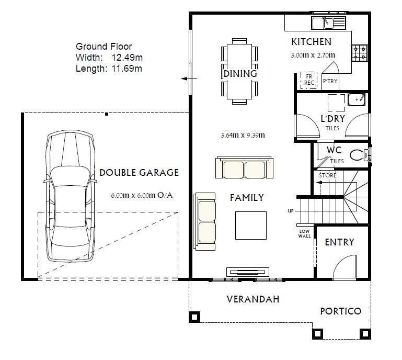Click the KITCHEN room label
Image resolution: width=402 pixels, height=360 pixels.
point(311,42)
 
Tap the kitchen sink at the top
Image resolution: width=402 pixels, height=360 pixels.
point(329,23)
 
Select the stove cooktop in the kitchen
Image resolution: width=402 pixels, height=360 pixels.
point(360,52)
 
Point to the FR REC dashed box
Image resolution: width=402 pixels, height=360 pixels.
point(309,80)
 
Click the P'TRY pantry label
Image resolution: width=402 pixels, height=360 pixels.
point(330,81)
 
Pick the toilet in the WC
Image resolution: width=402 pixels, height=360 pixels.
point(360,154)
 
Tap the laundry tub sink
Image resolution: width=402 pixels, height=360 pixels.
point(357,100)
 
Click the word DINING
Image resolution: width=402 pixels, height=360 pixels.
point(240,74)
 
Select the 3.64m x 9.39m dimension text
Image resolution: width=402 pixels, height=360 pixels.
point(243,135)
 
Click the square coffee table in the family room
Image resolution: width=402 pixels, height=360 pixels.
point(251,226)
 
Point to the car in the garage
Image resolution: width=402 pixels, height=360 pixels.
point(70,196)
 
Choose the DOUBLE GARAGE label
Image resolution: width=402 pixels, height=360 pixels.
point(139,173)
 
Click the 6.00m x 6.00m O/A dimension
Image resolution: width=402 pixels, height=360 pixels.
point(142,195)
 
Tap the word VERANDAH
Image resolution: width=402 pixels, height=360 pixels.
point(253,299)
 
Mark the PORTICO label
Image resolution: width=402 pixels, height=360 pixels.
point(341,311)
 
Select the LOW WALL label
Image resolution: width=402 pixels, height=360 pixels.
point(304,233)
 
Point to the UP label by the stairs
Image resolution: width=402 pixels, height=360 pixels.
point(291,211)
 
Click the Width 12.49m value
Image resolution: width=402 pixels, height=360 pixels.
point(127,58)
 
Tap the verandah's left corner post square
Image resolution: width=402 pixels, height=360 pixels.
point(194,317)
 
